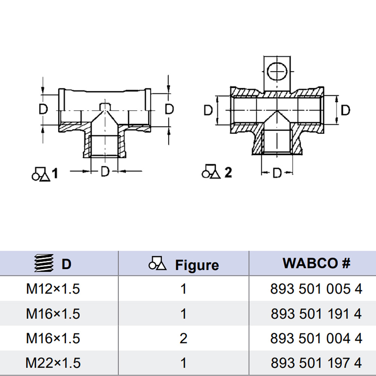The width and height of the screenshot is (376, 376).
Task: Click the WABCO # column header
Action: (x=316, y=263)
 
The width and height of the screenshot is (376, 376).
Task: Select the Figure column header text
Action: (x=197, y=265)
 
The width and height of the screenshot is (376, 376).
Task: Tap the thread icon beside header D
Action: (x=42, y=264)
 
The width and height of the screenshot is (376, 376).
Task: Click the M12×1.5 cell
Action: (x=53, y=289)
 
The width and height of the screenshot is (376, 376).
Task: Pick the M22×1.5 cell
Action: (x=53, y=363)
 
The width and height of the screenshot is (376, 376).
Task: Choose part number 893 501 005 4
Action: (x=316, y=289)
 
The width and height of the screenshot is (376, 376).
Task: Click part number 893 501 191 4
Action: (x=316, y=314)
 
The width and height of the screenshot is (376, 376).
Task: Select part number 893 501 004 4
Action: (x=316, y=338)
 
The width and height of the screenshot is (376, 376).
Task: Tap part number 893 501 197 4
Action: (x=316, y=363)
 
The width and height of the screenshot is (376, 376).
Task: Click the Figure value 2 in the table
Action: (x=183, y=338)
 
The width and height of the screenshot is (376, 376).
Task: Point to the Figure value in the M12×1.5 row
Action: (x=183, y=289)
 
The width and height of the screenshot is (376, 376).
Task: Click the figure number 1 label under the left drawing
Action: (x=55, y=173)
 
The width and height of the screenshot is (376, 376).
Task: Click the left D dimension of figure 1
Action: (x=44, y=109)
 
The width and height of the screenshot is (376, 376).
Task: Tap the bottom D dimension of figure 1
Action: (x=105, y=172)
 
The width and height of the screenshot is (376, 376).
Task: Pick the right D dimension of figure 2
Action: (x=345, y=110)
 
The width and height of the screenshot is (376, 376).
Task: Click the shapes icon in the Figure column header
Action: (x=158, y=264)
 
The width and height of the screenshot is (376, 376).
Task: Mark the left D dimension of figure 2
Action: (x=208, y=110)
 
